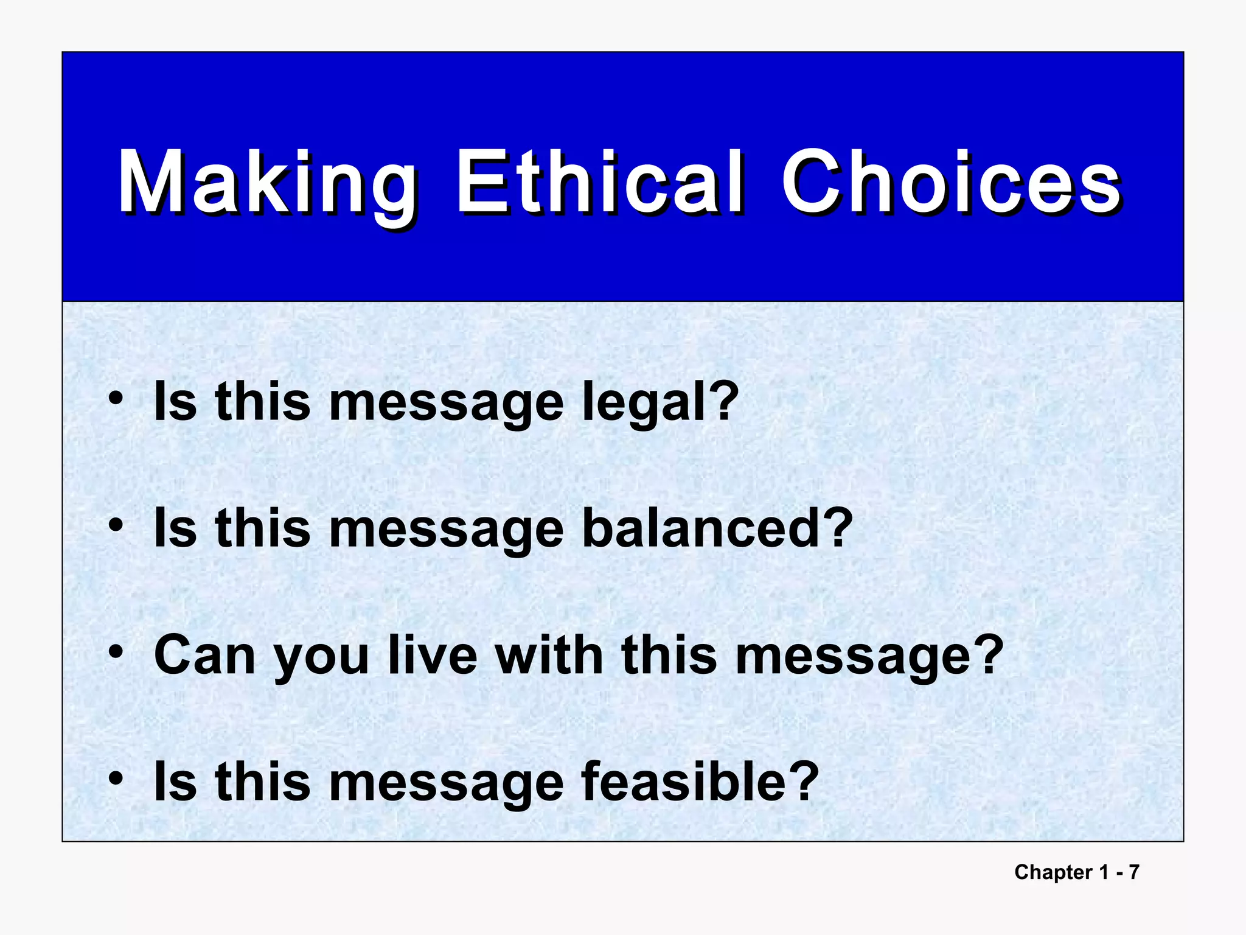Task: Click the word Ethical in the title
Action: (x=599, y=183)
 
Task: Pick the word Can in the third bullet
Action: (x=204, y=655)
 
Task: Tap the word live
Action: (x=433, y=655)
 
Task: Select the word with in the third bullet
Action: (x=549, y=655)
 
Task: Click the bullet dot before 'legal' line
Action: (x=116, y=399)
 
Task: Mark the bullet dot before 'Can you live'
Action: (x=116, y=653)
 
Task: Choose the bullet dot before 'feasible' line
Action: (x=116, y=779)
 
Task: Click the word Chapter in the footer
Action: (x=1053, y=872)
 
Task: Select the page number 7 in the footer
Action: (x=1133, y=872)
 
